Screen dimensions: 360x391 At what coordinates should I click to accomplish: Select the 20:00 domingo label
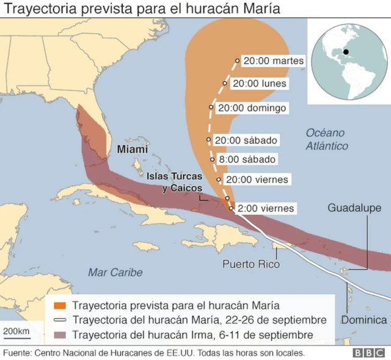pos(252,108)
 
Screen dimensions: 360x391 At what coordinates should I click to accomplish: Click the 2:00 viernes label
pos(265,209)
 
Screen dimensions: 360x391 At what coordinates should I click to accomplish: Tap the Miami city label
pos(132,149)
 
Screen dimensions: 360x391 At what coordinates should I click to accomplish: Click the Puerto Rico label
pos(250,264)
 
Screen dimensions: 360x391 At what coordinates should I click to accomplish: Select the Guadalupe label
pos(354,208)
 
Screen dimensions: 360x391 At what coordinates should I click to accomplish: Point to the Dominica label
pos(364,320)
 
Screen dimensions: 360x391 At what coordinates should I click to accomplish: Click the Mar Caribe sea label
pos(115,272)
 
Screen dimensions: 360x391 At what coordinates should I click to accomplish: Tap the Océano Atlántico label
pos(327,139)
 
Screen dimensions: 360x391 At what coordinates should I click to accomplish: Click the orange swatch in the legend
pos(59,305)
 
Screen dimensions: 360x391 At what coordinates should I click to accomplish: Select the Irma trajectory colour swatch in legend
pos(59,335)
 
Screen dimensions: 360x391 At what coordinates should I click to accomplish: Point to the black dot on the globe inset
pos(346,52)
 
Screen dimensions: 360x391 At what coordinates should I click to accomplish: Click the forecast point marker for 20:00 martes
pos(237,61)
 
